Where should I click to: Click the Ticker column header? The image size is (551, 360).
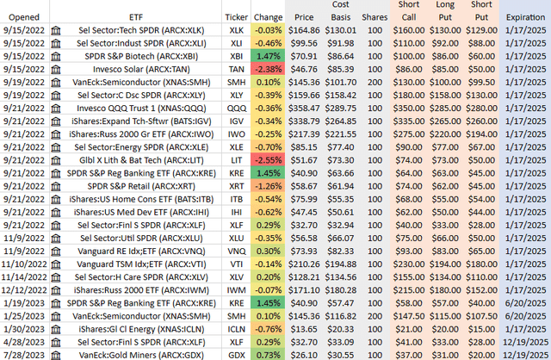236,17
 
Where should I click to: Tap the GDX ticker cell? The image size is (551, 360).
236,352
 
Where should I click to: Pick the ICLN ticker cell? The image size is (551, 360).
236,328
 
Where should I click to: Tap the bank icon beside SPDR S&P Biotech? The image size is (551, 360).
57,53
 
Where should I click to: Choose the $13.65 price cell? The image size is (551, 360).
305,328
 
